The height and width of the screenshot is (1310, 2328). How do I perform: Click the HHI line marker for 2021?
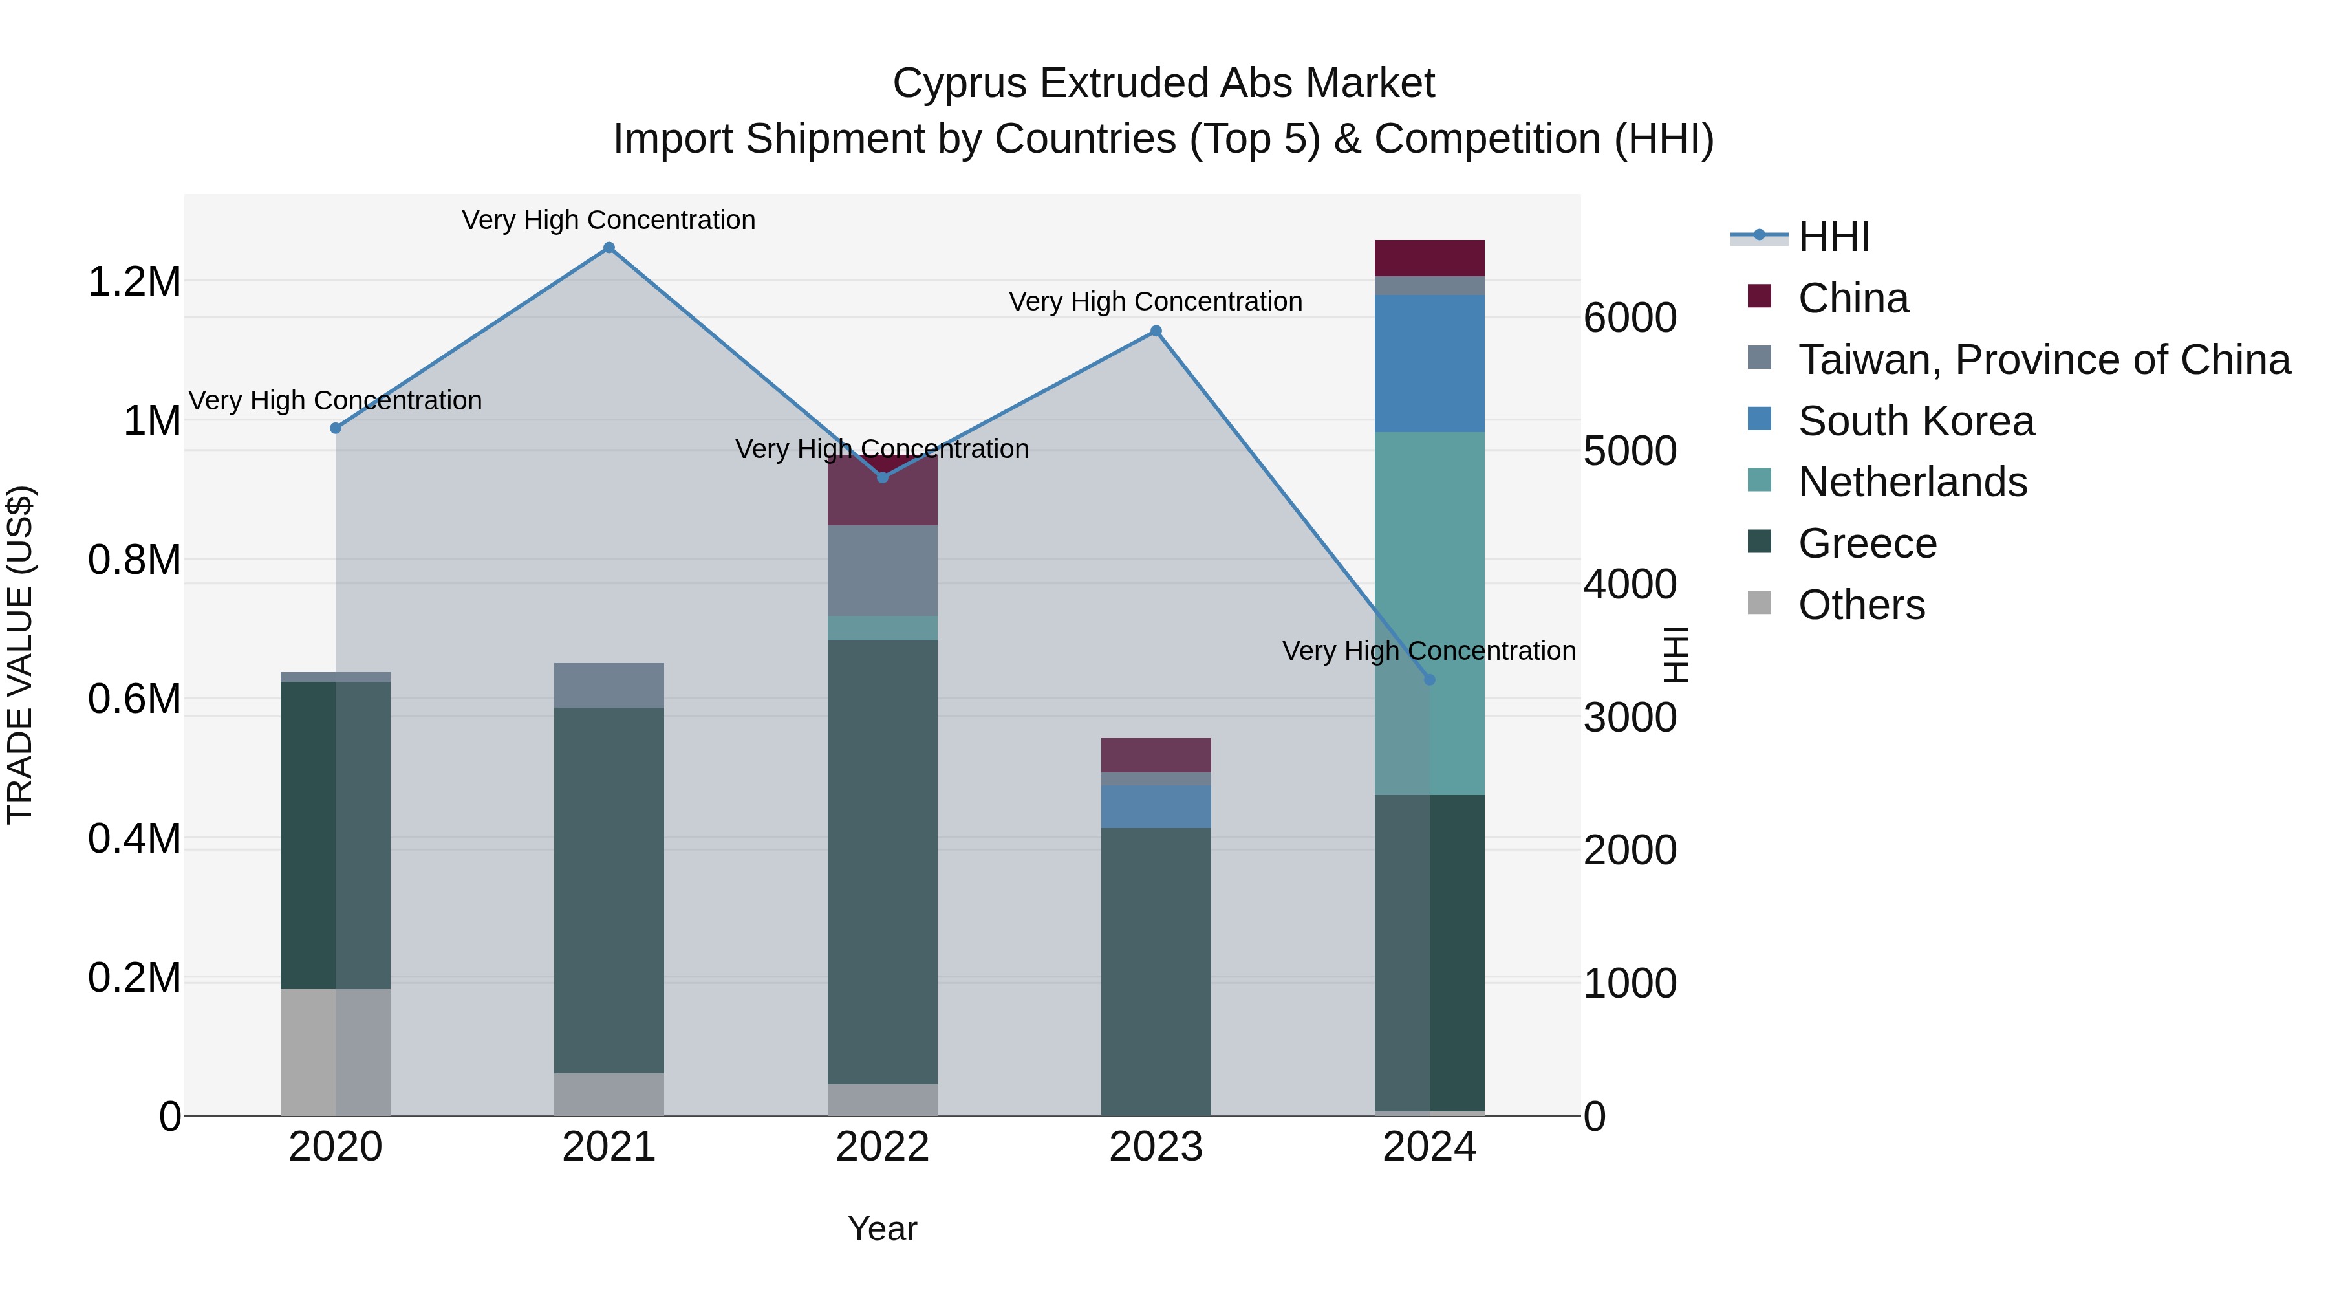coord(609,248)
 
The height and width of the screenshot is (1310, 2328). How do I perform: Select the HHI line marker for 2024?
coord(1428,680)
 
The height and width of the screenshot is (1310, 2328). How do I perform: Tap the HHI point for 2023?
coord(1155,331)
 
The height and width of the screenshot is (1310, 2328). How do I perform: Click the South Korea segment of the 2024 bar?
coord(1428,364)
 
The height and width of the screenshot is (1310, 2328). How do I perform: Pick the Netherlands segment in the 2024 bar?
coord(1428,578)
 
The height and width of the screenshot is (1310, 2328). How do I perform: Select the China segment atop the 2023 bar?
coord(1155,755)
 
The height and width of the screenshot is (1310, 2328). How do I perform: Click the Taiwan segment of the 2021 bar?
coord(609,685)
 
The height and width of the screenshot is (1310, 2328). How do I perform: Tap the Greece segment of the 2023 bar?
coord(1155,972)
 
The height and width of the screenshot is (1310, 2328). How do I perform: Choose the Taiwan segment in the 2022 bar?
coord(882,571)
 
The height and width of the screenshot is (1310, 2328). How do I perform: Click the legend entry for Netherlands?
coord(1912,482)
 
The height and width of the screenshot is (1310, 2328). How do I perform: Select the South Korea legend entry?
coord(1916,421)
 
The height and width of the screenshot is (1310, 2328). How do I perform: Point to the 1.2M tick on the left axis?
coord(134,282)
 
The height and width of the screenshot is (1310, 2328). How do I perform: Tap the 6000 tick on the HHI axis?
coord(1630,318)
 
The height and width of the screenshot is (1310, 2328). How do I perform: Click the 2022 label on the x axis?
coord(882,1147)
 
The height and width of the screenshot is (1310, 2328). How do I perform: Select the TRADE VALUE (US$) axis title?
coord(20,655)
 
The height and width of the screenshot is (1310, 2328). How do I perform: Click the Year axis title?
coord(882,1228)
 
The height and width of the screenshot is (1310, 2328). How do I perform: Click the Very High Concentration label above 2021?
coord(609,220)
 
